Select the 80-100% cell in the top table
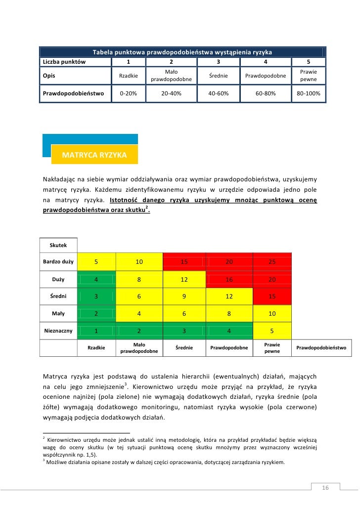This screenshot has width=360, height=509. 309,93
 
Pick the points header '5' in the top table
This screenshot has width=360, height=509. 309,62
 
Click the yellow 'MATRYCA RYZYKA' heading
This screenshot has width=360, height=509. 94,155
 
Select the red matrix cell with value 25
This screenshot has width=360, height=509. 272,262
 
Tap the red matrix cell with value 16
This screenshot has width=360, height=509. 229,279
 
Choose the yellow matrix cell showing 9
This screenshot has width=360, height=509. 184,296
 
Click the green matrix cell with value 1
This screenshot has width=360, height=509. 96,331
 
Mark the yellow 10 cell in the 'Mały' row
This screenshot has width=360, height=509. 272,313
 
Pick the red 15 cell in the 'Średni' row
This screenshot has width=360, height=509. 272,296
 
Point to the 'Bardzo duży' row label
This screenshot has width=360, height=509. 58,262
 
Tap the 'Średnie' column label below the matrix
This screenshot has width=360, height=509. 184,347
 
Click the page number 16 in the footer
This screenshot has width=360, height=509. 325,488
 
